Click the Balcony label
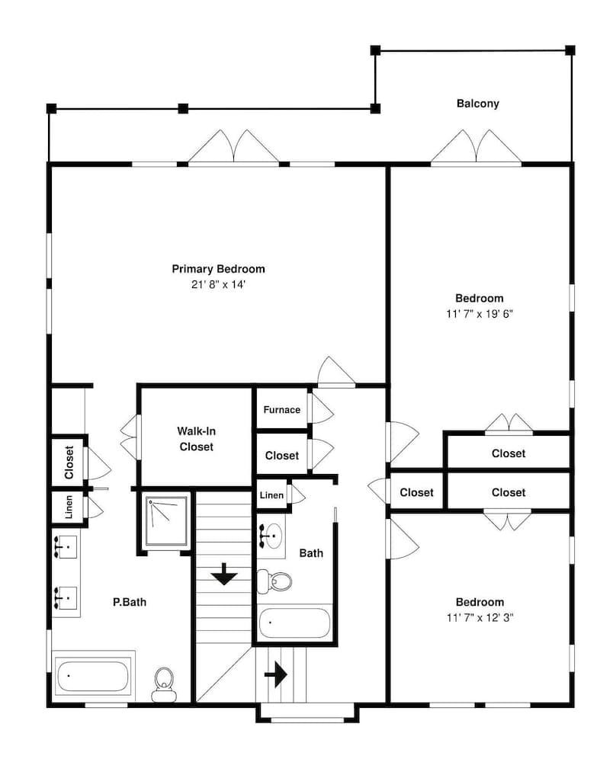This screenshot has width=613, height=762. click(477, 104)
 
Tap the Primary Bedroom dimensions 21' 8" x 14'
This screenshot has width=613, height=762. click(218, 285)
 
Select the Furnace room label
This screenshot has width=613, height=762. click(281, 410)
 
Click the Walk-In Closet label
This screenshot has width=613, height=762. click(197, 439)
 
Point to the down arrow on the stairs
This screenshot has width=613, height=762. click(223, 574)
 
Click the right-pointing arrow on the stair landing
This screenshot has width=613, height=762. click(276, 674)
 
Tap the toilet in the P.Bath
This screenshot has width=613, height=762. click(165, 684)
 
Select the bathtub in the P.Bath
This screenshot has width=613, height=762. click(93, 676)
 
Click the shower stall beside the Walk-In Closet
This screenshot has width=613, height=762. click(166, 521)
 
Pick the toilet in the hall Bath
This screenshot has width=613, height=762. click(274, 581)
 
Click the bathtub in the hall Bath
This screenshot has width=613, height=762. click(294, 623)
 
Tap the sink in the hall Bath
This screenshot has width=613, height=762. click(271, 536)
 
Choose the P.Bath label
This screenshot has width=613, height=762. click(130, 602)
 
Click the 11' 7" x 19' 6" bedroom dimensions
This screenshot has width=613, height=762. click(480, 314)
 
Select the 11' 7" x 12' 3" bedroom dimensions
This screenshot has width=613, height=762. click(480, 618)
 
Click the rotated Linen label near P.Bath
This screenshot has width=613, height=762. click(69, 507)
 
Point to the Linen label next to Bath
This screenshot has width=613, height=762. click(271, 495)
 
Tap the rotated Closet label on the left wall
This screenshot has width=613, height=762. click(69, 463)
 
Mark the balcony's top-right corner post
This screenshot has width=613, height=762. click(570, 50)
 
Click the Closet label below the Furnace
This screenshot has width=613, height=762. click(282, 456)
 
